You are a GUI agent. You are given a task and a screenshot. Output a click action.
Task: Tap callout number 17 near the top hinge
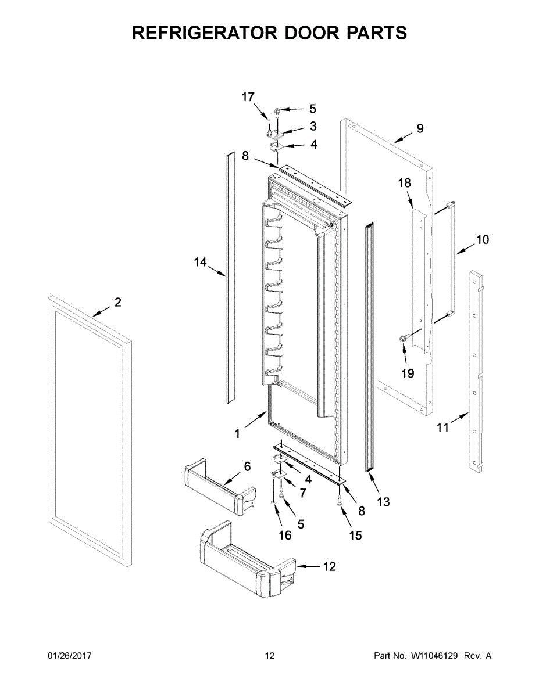[248, 97]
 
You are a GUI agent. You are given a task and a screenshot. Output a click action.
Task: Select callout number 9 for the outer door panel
[420, 129]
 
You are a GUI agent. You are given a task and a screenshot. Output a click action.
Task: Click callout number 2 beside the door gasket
[117, 302]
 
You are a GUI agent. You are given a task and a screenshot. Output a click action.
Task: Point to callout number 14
[200, 263]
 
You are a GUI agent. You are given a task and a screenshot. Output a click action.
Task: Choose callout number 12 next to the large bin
[329, 566]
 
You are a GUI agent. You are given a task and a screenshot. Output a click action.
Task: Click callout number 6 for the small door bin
[247, 466]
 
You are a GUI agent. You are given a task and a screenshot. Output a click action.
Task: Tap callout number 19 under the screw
[408, 373]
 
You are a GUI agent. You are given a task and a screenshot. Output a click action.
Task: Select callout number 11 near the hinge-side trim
[443, 428]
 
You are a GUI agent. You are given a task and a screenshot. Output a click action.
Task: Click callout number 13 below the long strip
[383, 502]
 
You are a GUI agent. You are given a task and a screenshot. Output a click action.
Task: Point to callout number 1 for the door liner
[237, 433]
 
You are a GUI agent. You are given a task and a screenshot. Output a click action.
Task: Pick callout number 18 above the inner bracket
[404, 183]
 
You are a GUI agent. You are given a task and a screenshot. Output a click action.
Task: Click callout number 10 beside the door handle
[483, 239]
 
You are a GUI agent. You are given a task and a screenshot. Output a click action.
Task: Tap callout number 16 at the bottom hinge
[285, 536]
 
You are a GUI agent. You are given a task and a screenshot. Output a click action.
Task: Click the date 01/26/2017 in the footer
[70, 656]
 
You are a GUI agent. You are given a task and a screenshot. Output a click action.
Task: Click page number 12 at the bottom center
[269, 656]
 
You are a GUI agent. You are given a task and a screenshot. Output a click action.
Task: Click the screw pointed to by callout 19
[402, 338]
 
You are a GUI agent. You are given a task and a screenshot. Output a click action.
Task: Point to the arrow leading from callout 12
[308, 566]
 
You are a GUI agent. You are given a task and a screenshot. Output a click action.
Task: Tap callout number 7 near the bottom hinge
[302, 493]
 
